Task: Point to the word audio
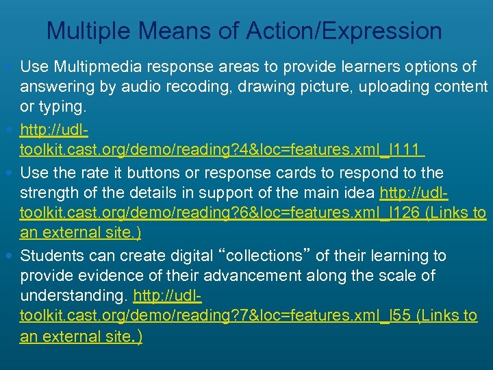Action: coord(136,86)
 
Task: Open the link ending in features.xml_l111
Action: coord(223,149)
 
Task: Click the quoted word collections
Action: coord(264,256)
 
